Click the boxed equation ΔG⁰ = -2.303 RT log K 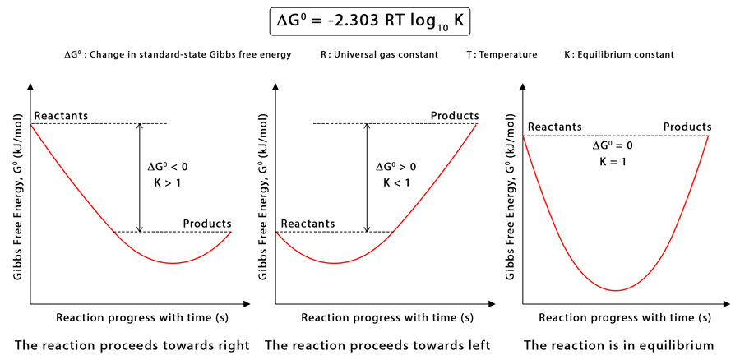click(369, 20)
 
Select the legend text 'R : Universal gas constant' click(378, 55)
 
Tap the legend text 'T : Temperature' click(496, 55)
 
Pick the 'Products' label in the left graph click(206, 224)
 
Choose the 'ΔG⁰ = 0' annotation click(613, 145)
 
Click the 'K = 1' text click(613, 161)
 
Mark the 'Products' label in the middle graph click(455, 116)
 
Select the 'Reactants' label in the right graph click(555, 127)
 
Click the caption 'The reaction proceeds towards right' click(132, 345)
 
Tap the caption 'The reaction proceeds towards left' click(377, 345)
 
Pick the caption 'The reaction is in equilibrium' click(618, 345)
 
